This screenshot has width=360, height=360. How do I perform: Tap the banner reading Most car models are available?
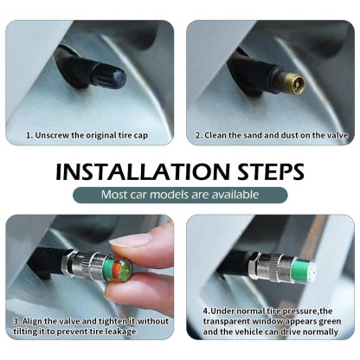(180, 194)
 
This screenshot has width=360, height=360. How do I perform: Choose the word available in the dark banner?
(235, 194)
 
